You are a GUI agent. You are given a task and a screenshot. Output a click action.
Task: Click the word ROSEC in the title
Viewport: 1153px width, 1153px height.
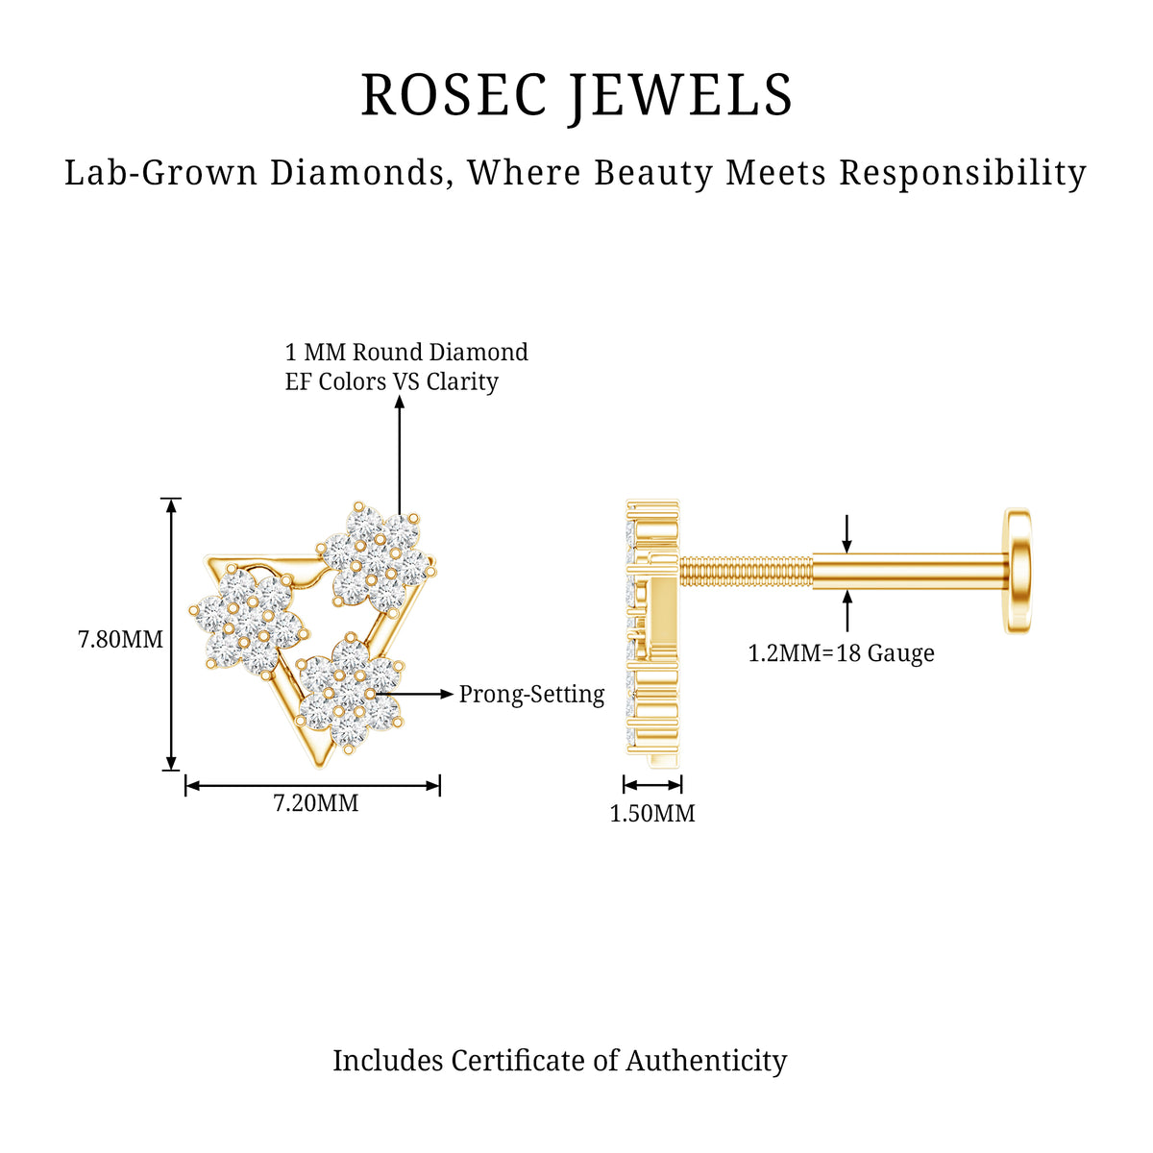(454, 95)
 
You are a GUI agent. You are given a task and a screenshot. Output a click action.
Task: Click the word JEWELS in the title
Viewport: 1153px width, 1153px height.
(681, 97)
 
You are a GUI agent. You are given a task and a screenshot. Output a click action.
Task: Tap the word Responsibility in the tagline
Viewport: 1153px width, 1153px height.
(963, 174)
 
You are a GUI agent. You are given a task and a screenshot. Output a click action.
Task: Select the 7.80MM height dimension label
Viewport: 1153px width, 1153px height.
(120, 640)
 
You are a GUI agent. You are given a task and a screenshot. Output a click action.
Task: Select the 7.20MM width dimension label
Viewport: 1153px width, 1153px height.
(316, 803)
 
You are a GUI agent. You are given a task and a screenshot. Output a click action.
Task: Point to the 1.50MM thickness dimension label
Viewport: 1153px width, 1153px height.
(652, 814)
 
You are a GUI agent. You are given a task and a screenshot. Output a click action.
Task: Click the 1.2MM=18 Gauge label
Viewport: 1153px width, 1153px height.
(842, 653)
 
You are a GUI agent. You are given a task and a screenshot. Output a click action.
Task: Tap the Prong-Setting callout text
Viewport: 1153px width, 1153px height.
(531, 695)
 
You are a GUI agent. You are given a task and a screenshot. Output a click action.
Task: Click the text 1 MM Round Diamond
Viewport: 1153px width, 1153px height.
(406, 352)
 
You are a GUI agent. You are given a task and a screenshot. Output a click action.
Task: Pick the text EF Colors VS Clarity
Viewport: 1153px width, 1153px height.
(391, 381)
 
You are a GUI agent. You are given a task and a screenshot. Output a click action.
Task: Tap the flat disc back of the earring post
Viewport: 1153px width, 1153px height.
(1018, 571)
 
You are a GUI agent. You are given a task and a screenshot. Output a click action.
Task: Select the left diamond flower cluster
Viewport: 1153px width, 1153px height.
(248, 623)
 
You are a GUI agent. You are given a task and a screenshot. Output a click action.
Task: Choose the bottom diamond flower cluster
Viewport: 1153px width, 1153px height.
(350, 694)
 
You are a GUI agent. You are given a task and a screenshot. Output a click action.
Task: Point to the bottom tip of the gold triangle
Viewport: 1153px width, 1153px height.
(319, 769)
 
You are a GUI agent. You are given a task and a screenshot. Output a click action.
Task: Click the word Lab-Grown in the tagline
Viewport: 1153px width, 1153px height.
(161, 174)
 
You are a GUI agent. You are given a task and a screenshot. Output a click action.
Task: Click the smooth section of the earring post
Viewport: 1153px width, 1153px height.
(910, 572)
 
